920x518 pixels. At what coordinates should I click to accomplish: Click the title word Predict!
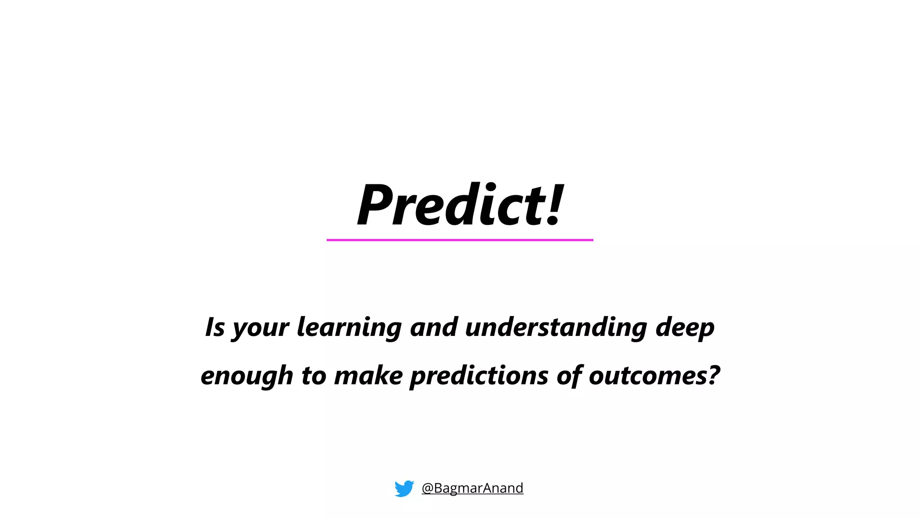(x=460, y=205)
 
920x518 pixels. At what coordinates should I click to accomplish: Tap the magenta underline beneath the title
(x=460, y=240)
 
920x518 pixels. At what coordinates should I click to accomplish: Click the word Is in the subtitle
(x=215, y=327)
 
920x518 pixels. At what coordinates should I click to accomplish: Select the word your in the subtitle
(x=261, y=328)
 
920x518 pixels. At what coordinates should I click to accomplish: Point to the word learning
(x=349, y=327)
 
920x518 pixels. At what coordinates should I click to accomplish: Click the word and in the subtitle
(x=433, y=327)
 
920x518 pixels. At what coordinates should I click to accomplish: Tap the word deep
(x=685, y=327)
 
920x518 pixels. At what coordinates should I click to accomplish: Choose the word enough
(x=247, y=376)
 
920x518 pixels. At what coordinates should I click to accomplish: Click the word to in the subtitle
(x=314, y=375)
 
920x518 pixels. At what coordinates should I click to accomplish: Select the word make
(x=368, y=375)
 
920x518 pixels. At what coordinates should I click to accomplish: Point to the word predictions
(x=479, y=376)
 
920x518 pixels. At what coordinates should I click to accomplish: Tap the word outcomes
(x=645, y=375)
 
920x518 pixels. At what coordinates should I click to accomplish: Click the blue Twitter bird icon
(x=404, y=488)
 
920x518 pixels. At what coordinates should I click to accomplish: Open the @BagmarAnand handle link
(x=473, y=488)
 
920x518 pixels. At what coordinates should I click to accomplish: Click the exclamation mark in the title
(x=554, y=205)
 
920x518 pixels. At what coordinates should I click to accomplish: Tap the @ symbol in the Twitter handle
(x=427, y=488)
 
